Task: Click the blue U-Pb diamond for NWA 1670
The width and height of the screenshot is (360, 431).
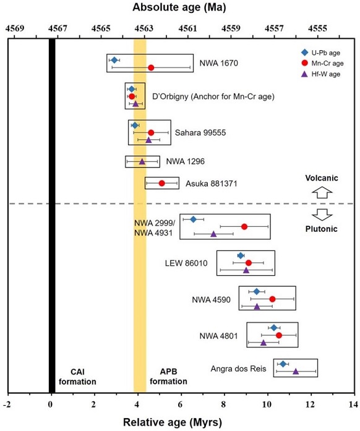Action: (114, 60)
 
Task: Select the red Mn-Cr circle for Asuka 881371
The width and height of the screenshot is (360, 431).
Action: (162, 183)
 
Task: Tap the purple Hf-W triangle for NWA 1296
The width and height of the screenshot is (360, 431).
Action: (142, 161)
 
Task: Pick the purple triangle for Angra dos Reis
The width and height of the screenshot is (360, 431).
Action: (296, 371)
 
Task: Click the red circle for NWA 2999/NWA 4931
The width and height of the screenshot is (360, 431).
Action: (244, 226)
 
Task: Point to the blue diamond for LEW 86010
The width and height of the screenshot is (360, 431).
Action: (241, 255)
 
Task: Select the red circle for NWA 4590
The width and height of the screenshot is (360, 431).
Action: (272, 299)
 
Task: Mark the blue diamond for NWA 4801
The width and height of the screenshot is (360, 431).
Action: (274, 328)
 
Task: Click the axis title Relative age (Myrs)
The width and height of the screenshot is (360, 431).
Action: (179, 422)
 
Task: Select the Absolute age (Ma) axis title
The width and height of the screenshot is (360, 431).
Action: (179, 9)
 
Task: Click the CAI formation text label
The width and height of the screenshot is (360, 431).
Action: (77, 377)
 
